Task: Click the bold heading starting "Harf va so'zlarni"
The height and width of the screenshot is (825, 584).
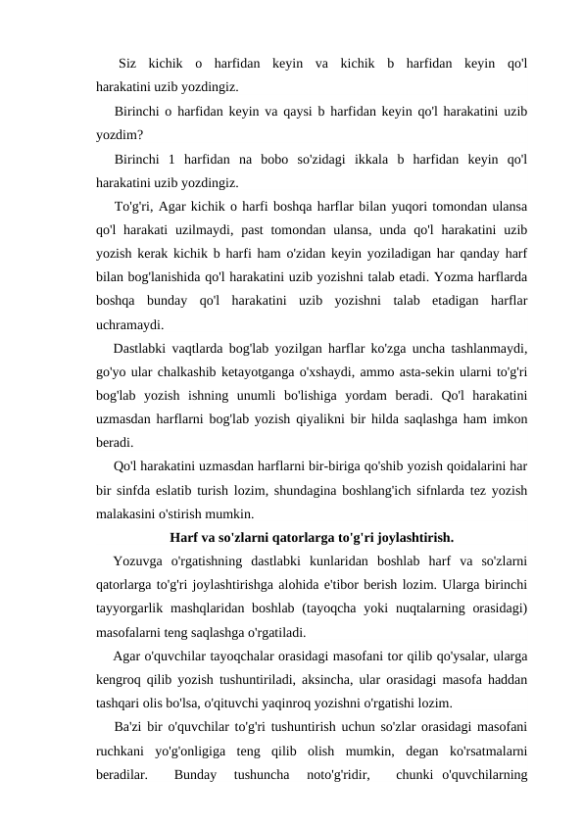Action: tap(311, 537)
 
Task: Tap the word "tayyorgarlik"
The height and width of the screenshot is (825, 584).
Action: tap(137, 607)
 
